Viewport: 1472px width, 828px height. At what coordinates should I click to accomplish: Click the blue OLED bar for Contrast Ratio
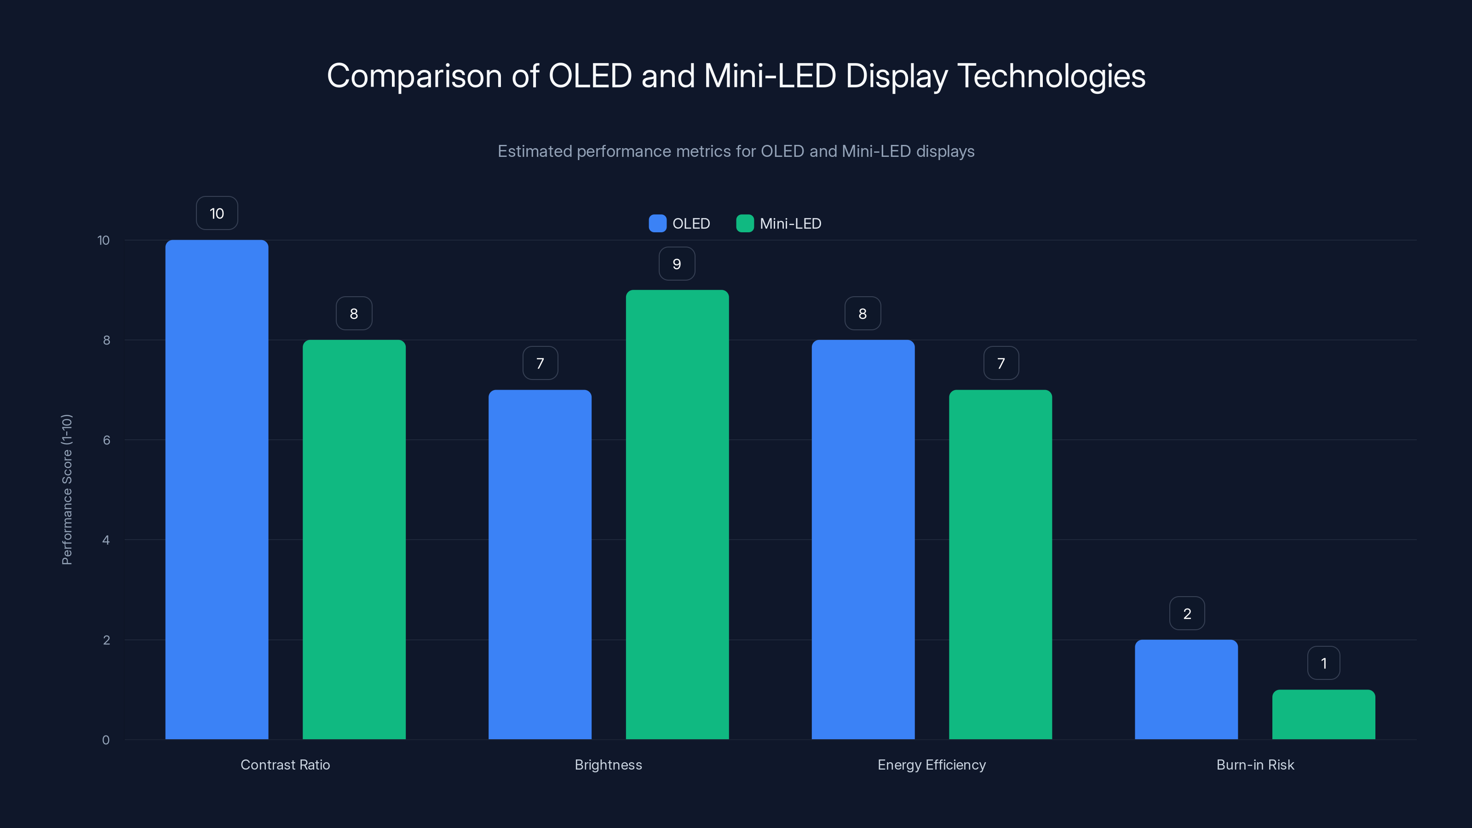pos(217,489)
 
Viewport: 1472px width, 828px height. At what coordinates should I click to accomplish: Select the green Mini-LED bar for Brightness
pos(677,514)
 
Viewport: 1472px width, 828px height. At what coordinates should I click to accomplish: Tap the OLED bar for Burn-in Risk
pos(1186,689)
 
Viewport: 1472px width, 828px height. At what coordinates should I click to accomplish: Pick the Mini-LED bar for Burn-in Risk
pos(1323,714)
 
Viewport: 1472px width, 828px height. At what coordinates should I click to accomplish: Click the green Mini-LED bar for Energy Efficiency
pos(1000,564)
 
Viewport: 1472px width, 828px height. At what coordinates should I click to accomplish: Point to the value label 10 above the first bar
pos(217,213)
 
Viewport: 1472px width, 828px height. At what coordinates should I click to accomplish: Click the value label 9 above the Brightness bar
pos(677,264)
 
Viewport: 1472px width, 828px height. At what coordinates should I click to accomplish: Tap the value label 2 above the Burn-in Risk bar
pos(1187,613)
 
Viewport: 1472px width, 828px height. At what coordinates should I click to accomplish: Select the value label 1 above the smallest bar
pos(1323,663)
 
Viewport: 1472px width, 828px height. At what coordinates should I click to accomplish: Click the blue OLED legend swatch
pos(657,224)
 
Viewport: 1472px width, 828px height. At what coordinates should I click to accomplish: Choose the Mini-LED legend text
pos(790,224)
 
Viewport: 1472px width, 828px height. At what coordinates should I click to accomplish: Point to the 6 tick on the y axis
pos(106,440)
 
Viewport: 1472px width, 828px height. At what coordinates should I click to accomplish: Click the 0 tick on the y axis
pos(106,740)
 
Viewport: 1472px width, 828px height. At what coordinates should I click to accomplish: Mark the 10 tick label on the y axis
pos(103,240)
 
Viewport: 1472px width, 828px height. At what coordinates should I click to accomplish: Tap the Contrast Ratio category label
pos(285,765)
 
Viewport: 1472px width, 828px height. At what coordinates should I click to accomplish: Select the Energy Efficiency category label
pos(931,765)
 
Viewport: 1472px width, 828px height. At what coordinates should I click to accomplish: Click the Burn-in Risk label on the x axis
pos(1255,765)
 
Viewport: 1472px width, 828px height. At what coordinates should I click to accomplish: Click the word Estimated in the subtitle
pos(534,151)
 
